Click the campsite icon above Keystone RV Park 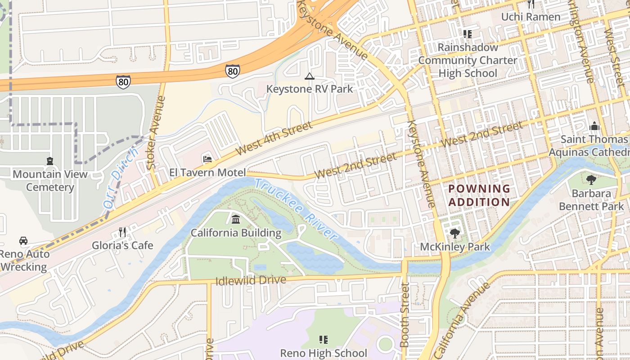pos(309,76)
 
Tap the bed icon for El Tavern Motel pos(207,159)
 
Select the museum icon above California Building pos(236,220)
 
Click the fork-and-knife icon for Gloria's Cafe pos(122,232)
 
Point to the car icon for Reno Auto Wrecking pos(23,241)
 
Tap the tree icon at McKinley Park pos(454,234)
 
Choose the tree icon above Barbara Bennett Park pos(591,180)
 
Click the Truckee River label pos(296,209)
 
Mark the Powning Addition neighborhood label pos(479,195)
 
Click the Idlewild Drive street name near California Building pos(251,281)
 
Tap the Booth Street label pos(405,315)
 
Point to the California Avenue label pos(461,321)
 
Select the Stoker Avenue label pos(157,133)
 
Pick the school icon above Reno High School pos(323,340)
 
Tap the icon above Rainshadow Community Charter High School pos(468,34)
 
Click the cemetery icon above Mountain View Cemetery pos(49,161)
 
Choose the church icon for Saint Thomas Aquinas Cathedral pos(594,126)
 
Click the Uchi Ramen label pos(531,17)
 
